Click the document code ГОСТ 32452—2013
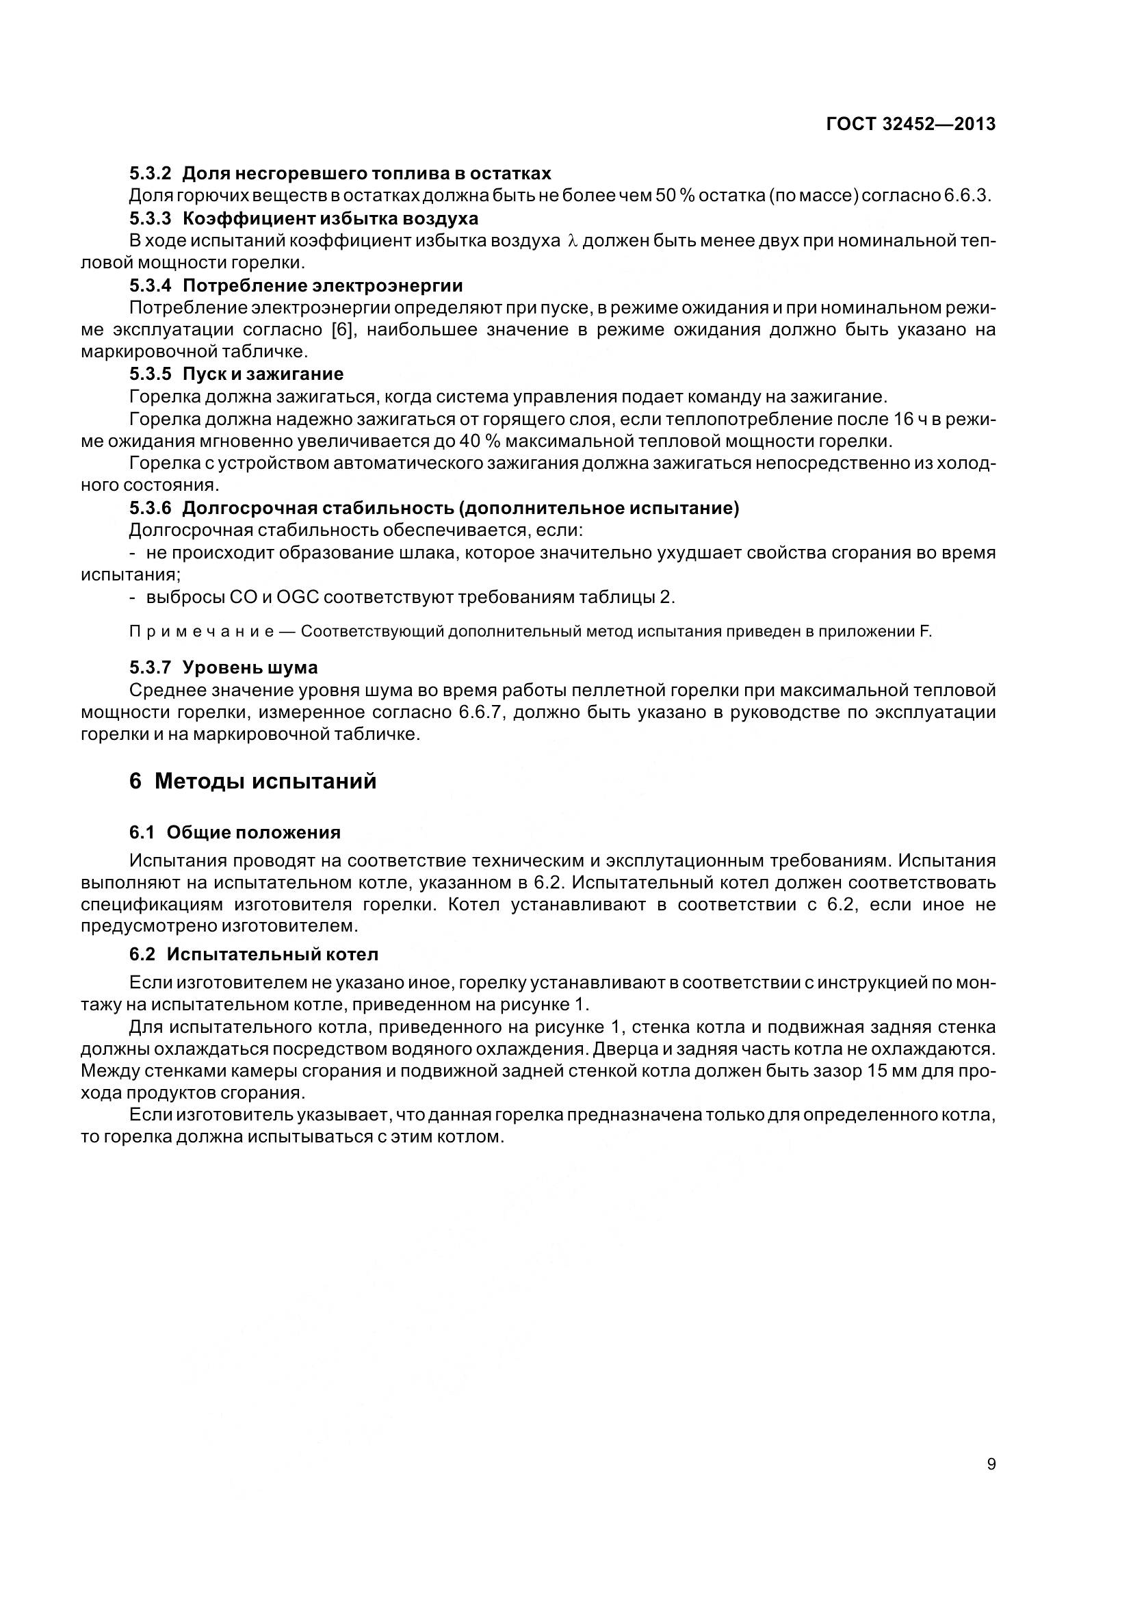tap(911, 124)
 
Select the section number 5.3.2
tap(150, 173)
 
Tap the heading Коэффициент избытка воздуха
tap(330, 218)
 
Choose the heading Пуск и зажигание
tap(263, 374)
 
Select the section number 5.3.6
tap(150, 508)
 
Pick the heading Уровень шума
tap(250, 667)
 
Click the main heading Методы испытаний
tap(265, 781)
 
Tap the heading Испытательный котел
tap(272, 953)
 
